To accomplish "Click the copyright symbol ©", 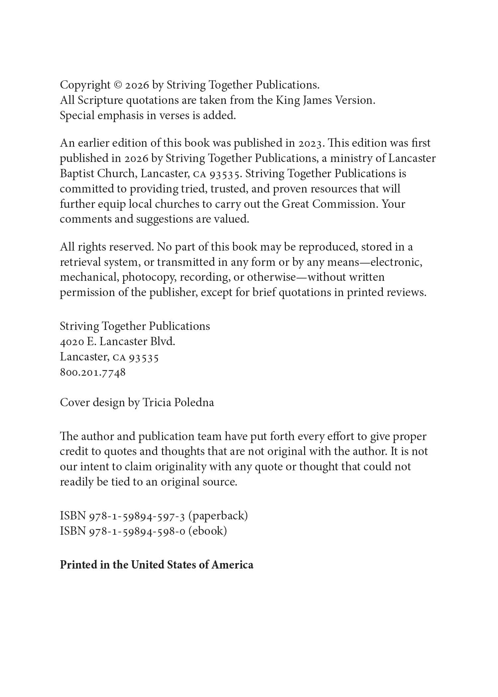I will click(x=118, y=85).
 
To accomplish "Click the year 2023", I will click(x=310, y=143).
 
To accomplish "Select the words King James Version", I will click(x=325, y=100).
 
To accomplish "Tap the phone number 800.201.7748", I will click(x=93, y=372).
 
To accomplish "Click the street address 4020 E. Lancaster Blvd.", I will click(x=117, y=342).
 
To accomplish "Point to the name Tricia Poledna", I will click(x=178, y=403).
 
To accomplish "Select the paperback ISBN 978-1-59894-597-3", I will click(x=137, y=516).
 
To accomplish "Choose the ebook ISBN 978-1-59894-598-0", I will click(x=137, y=531).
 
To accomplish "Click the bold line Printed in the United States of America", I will click(x=156, y=565).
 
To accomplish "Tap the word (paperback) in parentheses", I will click(x=218, y=516).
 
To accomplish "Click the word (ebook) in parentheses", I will click(x=207, y=531).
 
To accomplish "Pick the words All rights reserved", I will click(x=107, y=247).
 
